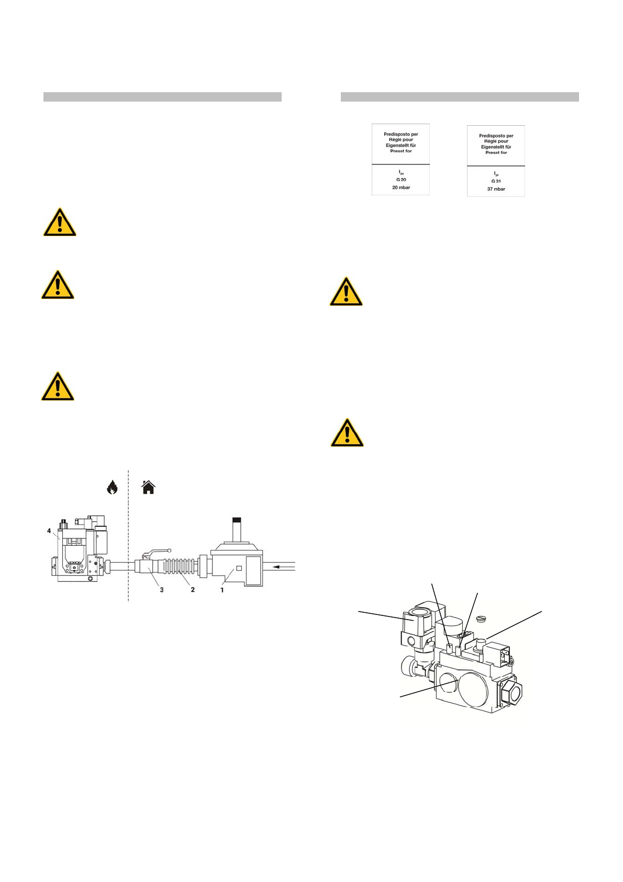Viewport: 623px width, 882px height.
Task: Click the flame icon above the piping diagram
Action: pos(112,488)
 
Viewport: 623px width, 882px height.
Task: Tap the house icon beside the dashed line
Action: pos(149,488)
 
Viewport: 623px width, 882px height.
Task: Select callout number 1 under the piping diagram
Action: pos(222,590)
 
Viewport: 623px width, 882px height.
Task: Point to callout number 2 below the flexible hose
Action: pos(193,590)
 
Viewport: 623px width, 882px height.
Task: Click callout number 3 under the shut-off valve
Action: pos(162,590)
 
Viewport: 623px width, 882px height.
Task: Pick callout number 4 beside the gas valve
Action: pos(49,531)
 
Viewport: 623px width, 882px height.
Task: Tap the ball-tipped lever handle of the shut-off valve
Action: pos(169,550)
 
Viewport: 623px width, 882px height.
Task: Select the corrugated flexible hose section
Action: pos(180,566)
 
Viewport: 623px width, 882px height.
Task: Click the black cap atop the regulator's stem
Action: pos(237,520)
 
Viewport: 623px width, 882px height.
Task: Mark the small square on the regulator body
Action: pos(239,568)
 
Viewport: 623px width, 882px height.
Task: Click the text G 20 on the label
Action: pos(401,180)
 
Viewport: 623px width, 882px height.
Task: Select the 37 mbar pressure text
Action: pos(496,189)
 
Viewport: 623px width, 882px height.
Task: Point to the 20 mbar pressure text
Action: pos(401,188)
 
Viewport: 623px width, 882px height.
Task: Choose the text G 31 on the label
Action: pos(496,181)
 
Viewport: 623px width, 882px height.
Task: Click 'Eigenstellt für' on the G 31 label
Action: pos(496,147)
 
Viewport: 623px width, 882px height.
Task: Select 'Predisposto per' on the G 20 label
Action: pos(401,134)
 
